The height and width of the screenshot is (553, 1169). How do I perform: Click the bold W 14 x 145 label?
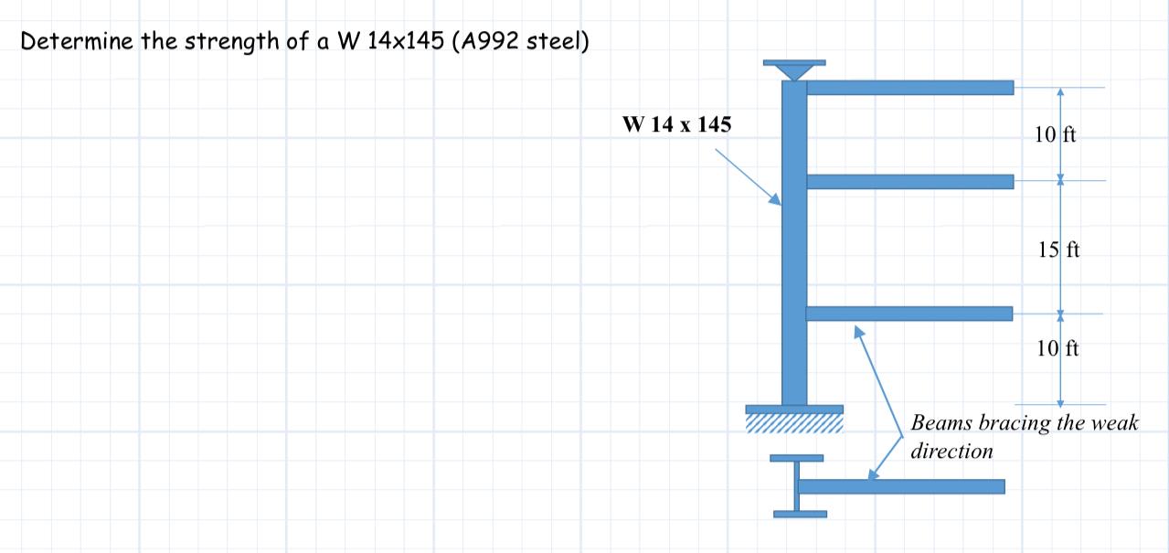[x=676, y=125]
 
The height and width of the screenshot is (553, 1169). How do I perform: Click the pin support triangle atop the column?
[x=794, y=70]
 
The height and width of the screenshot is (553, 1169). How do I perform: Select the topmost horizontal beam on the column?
[x=909, y=88]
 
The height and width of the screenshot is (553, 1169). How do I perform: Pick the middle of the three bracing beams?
[x=909, y=181]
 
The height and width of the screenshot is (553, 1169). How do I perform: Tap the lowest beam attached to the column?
[x=909, y=314]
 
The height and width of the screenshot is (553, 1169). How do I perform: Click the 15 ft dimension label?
[x=1059, y=249]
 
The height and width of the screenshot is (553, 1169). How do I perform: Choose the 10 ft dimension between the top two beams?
[x=1056, y=135]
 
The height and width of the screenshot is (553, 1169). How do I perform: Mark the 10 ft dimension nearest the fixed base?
[x=1058, y=347]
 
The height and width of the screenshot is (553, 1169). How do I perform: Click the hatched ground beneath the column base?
[x=794, y=423]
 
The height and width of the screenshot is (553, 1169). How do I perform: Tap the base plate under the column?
[x=794, y=409]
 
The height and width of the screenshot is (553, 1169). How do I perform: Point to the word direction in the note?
[x=951, y=451]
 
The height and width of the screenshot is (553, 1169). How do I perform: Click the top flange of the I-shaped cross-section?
[x=796, y=457]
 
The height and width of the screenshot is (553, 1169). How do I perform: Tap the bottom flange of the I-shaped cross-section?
[x=799, y=514]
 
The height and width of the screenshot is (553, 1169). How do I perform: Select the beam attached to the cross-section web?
[x=901, y=486]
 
